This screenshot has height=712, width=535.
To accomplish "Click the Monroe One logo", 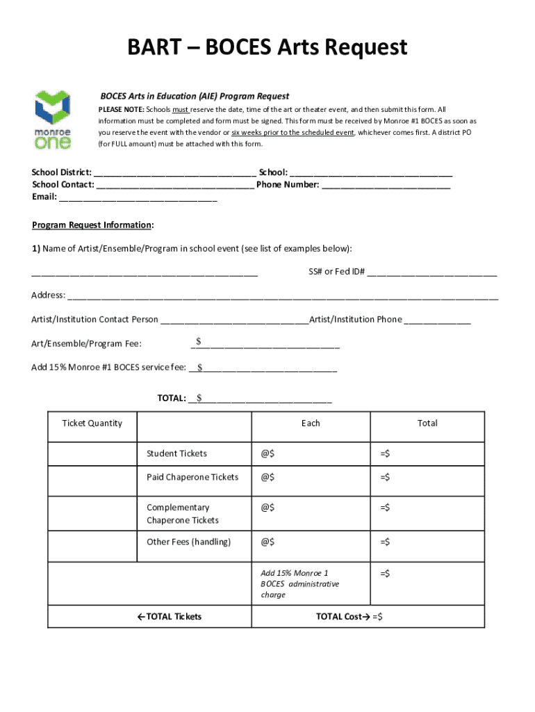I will coord(53,120).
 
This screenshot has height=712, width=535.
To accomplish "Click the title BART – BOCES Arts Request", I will coord(267,48).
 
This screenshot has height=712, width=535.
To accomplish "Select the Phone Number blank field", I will coord(386,185).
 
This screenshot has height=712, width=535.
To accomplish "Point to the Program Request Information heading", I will coord(92,225).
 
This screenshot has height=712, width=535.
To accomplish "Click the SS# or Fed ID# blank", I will coord(432,271).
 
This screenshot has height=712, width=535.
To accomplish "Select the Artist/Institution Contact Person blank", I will coord(234,320).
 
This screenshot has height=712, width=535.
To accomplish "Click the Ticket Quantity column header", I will coord(92,423).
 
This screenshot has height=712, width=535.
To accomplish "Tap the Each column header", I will coord(311,423).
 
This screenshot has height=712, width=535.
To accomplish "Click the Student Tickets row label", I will coord(176,453).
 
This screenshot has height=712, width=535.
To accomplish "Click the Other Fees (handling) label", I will coord(188,542).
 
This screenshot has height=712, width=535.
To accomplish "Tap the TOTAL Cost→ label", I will coord(343,617).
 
